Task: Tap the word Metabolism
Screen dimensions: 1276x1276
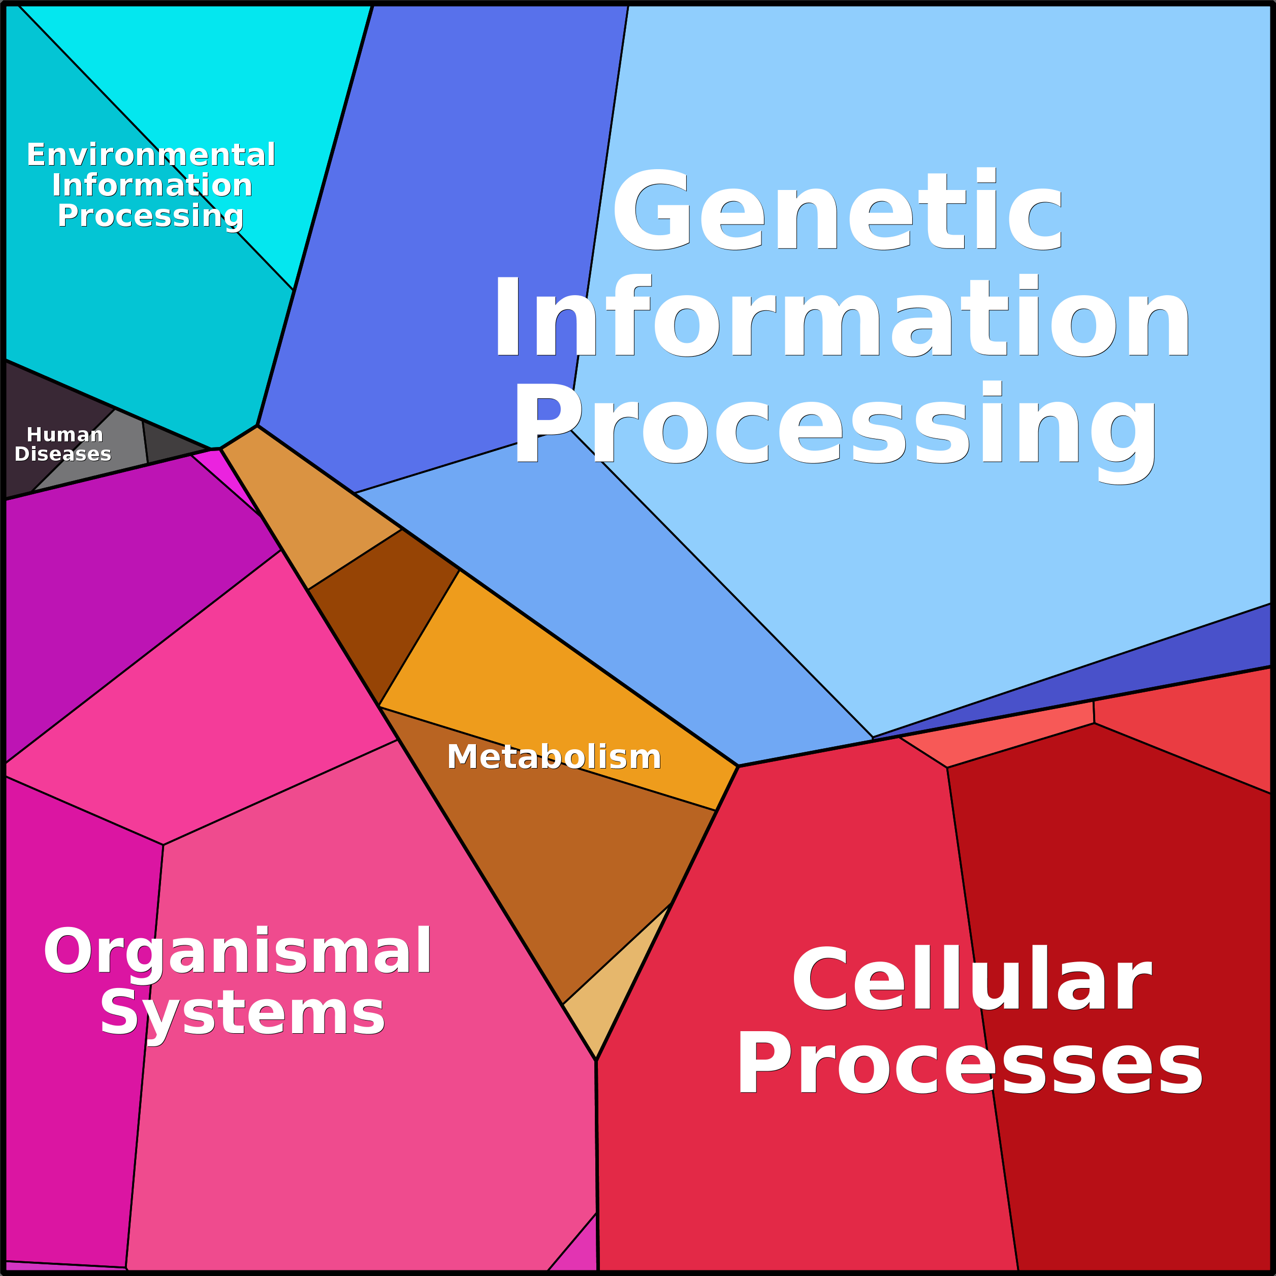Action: [554, 757]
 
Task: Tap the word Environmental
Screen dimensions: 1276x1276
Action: [150, 155]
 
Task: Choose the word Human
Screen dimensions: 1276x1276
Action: [65, 435]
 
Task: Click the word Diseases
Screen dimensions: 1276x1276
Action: [63, 455]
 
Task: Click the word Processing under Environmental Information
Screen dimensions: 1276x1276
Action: [150, 215]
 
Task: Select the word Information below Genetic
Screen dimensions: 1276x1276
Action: [842, 317]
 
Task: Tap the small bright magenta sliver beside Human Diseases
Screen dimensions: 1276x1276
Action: [218, 466]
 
